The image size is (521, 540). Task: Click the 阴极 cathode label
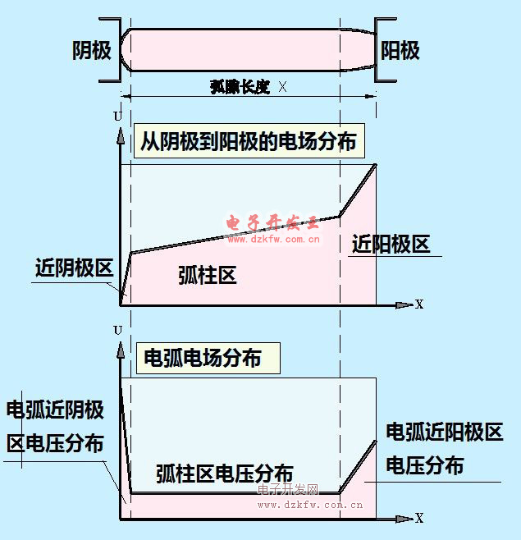click(x=91, y=51)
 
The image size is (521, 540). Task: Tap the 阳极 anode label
click(x=400, y=51)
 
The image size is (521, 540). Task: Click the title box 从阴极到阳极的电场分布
click(x=249, y=141)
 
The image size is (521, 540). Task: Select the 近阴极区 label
click(x=73, y=268)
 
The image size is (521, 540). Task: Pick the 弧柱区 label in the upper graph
click(x=208, y=276)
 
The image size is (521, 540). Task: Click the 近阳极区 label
click(x=391, y=244)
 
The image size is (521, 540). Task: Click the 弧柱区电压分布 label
click(x=224, y=474)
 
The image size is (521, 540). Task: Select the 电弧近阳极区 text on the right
click(x=444, y=432)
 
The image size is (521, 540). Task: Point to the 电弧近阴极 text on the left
click(x=55, y=409)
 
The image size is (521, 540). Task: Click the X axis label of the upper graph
click(x=419, y=304)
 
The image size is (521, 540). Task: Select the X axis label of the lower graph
click(x=419, y=518)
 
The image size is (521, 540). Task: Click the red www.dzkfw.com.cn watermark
click(x=273, y=240)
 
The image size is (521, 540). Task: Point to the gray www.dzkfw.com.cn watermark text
click(x=310, y=505)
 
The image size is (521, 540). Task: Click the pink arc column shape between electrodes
click(x=246, y=49)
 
